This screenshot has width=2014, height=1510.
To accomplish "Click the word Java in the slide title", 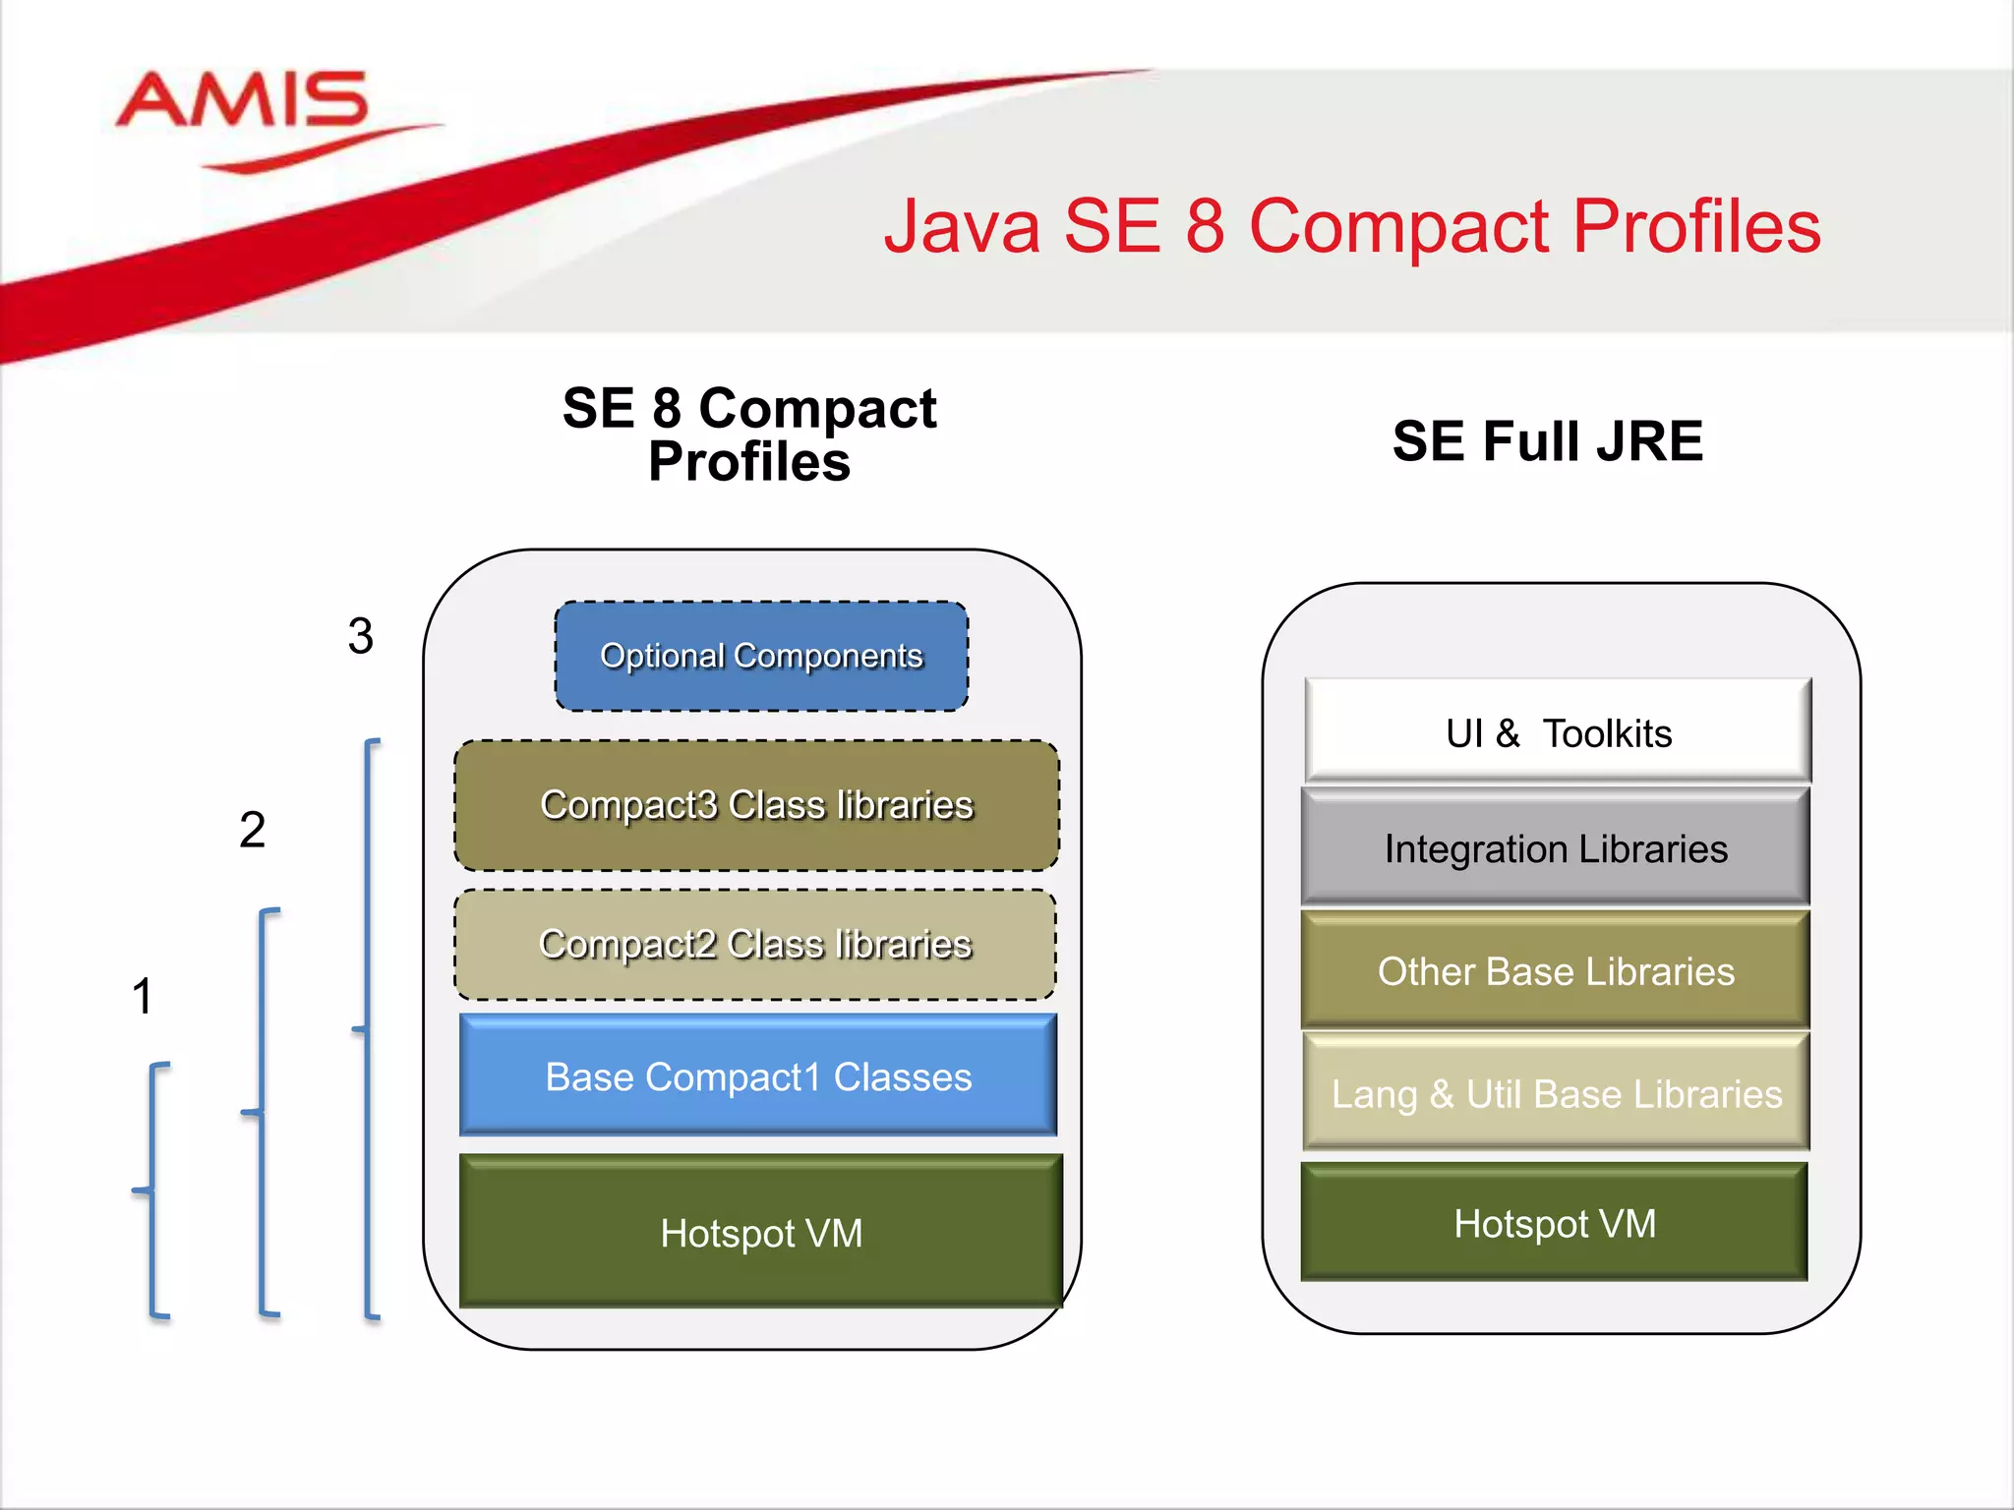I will click(x=962, y=227).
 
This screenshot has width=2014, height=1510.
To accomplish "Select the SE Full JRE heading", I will click(x=1547, y=440).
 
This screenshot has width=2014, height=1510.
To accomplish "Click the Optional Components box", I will click(x=761, y=656).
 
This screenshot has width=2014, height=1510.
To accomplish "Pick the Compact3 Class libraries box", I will click(x=756, y=805).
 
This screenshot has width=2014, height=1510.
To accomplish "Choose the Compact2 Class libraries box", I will click(x=755, y=944).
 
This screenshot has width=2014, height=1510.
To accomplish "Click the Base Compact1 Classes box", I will click(x=758, y=1076).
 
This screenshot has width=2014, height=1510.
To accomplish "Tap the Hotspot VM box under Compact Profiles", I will click(x=761, y=1233).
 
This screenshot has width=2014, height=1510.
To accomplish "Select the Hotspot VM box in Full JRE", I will click(x=1555, y=1223).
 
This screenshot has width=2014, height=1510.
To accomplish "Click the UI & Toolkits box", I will click(x=1558, y=732).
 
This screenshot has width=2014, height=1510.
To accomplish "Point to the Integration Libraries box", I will click(x=1556, y=848).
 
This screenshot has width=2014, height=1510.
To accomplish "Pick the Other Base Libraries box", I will click(x=1556, y=970).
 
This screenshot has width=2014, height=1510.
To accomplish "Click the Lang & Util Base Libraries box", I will click(x=1556, y=1093).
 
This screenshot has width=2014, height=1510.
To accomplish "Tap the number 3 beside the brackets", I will click(x=361, y=635).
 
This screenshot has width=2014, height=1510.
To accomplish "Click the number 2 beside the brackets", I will click(x=253, y=829).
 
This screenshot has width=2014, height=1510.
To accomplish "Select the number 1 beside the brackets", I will click(x=143, y=995).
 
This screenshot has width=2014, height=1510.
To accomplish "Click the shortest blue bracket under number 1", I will click(x=152, y=1190).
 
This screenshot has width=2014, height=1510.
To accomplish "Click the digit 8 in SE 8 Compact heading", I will click(x=666, y=408).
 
